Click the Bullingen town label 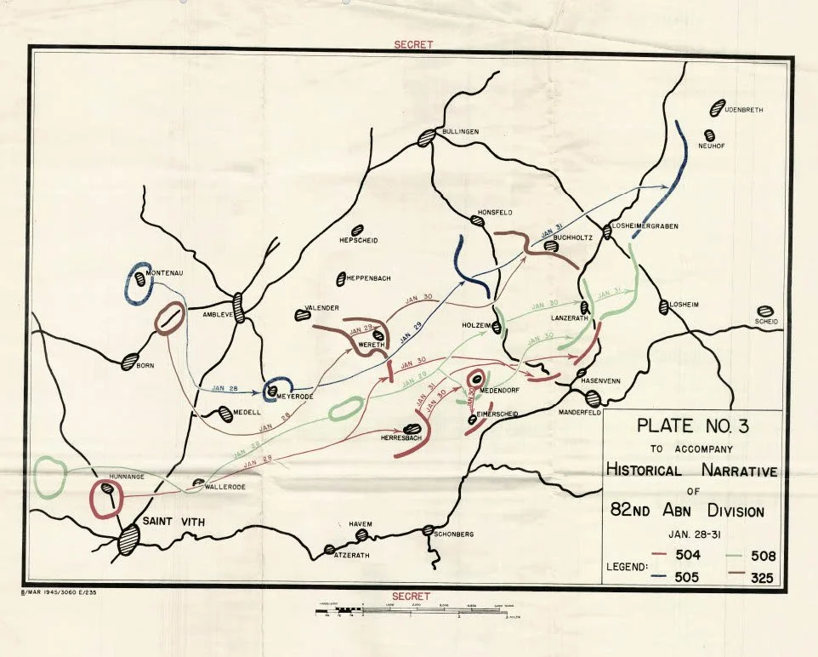pyautogui.click(x=460, y=132)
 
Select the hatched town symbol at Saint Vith pyautogui.click(x=128, y=540)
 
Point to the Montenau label pyautogui.click(x=166, y=273)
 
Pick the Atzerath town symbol pyautogui.click(x=330, y=550)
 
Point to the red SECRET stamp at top pyautogui.click(x=414, y=44)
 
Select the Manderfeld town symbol pyautogui.click(x=593, y=397)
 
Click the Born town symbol pyautogui.click(x=130, y=361)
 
